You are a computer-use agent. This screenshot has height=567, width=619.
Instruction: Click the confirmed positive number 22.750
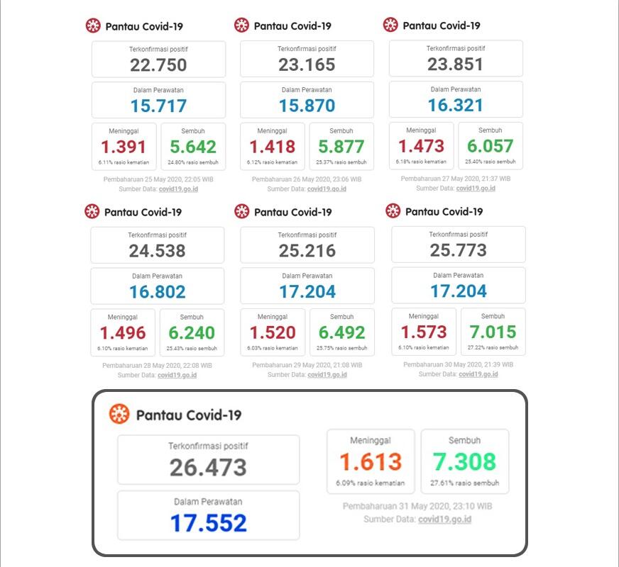point(158,65)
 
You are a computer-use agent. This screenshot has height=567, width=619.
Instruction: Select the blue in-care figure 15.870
point(307,106)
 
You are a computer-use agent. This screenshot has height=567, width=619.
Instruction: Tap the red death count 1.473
point(421,146)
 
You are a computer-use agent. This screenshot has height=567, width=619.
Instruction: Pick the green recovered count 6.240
point(192,333)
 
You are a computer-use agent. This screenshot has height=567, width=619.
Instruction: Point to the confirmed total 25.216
point(307,251)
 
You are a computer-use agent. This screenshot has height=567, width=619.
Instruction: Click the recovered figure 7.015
point(493,332)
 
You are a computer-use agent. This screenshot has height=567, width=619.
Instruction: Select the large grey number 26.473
point(208,467)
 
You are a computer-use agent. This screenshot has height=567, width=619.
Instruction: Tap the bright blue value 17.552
point(209,523)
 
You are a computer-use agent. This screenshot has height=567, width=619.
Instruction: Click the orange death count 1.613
point(371,461)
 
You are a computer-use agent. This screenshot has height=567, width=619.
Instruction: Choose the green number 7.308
point(464,461)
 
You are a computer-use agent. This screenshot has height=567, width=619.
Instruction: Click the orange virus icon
point(119,414)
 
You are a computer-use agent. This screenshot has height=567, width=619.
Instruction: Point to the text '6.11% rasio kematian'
point(124,162)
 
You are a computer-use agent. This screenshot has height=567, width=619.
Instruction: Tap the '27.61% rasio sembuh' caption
point(465,483)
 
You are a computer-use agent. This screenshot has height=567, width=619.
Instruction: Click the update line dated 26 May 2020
point(307,179)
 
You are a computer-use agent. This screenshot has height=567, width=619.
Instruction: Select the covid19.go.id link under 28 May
point(177,375)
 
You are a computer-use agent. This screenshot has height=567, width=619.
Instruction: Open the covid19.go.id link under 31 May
point(444,520)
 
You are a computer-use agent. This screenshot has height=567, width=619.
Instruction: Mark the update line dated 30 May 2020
point(458,364)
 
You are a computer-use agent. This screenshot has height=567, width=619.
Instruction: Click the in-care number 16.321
point(456,105)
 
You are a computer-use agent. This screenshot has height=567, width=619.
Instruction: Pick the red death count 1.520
point(273,332)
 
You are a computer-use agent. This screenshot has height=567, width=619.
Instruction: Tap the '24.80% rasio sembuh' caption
point(193,162)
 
